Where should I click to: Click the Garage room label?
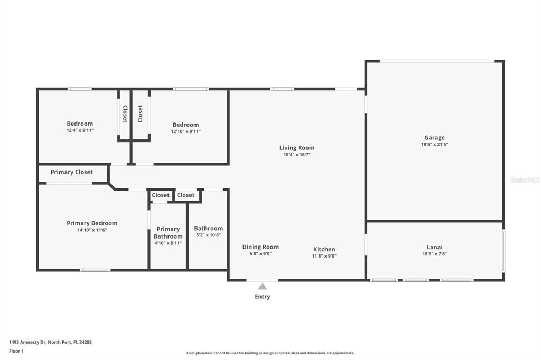[434, 138]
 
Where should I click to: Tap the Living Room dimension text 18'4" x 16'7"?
[296, 155]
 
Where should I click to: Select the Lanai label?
[434, 247]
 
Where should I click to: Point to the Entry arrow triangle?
[262, 287]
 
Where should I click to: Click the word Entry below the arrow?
[262, 297]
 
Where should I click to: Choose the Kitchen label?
[324, 249]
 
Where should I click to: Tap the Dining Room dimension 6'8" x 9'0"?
[260, 254]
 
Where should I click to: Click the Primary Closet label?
[71, 172]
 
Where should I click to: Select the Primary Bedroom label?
[92, 223]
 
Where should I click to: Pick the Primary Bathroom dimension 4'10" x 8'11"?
[168, 243]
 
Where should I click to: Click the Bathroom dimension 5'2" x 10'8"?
[208, 235]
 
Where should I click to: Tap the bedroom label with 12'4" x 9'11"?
[80, 124]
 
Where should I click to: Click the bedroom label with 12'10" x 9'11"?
[185, 125]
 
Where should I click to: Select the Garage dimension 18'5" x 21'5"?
[434, 145]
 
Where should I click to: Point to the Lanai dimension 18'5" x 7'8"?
[434, 254]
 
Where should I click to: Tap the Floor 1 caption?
[16, 351]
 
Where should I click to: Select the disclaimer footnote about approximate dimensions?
[270, 353]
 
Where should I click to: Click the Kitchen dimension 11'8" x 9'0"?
[324, 256]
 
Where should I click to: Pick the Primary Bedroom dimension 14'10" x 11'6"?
[92, 230]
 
